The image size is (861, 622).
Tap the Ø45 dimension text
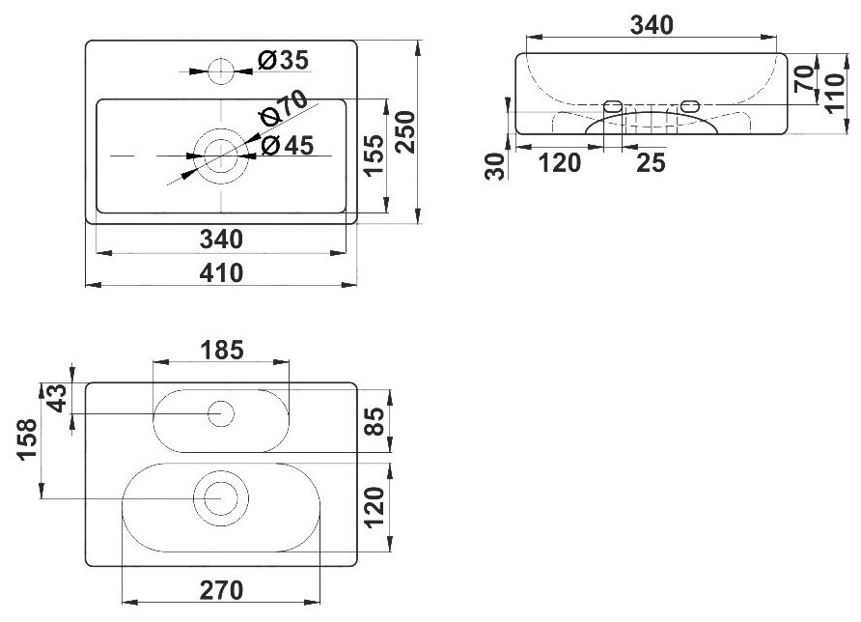(287, 146)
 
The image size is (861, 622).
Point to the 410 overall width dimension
(222, 273)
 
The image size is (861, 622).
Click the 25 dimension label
(652, 163)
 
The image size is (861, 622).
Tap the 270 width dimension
(222, 589)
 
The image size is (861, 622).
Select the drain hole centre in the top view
(221, 155)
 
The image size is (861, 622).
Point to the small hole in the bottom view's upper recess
(222, 414)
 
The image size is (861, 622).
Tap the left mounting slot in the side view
(610, 104)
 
